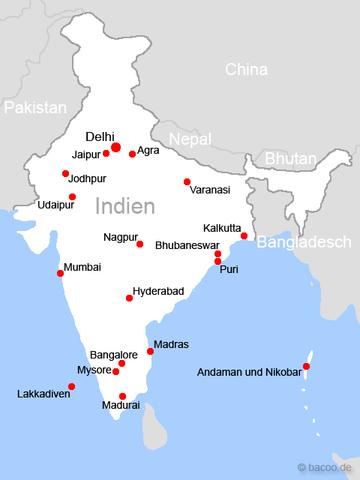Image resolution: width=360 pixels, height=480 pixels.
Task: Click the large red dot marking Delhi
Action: pyautogui.click(x=116, y=148)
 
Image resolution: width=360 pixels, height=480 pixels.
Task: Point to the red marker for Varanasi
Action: pyautogui.click(x=187, y=181)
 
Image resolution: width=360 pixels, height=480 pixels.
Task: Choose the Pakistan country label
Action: pyautogui.click(x=35, y=106)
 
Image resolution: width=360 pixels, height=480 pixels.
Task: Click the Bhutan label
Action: pyautogui.click(x=290, y=158)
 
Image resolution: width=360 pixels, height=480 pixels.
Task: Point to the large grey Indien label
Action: pyautogui.click(x=126, y=207)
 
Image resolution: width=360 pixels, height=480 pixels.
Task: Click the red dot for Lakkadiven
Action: pyautogui.click(x=58, y=383)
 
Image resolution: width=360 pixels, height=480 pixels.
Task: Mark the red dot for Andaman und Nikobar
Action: pyautogui.click(x=306, y=366)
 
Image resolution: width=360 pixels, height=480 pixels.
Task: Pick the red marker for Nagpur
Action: pyautogui.click(x=139, y=244)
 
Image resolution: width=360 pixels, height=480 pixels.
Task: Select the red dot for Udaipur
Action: pyautogui.click(x=72, y=196)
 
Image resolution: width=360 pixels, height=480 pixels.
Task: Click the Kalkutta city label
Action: pyautogui.click(x=223, y=227)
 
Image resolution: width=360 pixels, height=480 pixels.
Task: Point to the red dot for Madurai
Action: pyautogui.click(x=123, y=395)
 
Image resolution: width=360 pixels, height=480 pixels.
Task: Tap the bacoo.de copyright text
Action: pyautogui.click(x=326, y=467)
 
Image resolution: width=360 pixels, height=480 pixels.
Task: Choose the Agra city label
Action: pyautogui.click(x=149, y=150)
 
